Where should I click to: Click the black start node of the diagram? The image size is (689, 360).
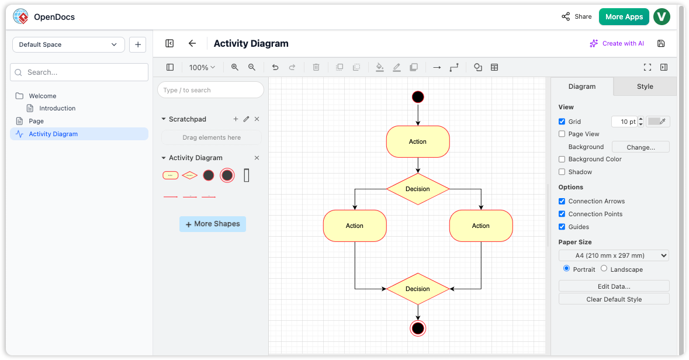[418, 97]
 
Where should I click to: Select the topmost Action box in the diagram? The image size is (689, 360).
[418, 141]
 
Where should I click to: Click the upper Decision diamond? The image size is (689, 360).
[418, 189]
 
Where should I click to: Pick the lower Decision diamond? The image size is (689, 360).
[418, 289]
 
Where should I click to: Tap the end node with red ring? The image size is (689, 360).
[418, 328]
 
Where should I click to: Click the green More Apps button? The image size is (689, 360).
[624, 17]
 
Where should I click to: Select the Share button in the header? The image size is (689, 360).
[577, 17]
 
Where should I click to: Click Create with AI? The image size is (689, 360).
[617, 43]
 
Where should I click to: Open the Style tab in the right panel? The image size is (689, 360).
[645, 86]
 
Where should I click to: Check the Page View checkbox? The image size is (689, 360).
[562, 134]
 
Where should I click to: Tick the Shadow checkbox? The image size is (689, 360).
[562, 172]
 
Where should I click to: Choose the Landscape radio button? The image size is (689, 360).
[604, 269]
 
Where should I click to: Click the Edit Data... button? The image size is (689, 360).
[614, 286]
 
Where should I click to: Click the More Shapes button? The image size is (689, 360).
[213, 224]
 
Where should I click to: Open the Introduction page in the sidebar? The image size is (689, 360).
[57, 108]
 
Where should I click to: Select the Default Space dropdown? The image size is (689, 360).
[68, 44]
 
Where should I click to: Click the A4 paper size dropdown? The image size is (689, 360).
[614, 255]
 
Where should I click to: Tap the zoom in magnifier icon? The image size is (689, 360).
[235, 67]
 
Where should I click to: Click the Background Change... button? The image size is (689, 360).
[640, 147]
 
